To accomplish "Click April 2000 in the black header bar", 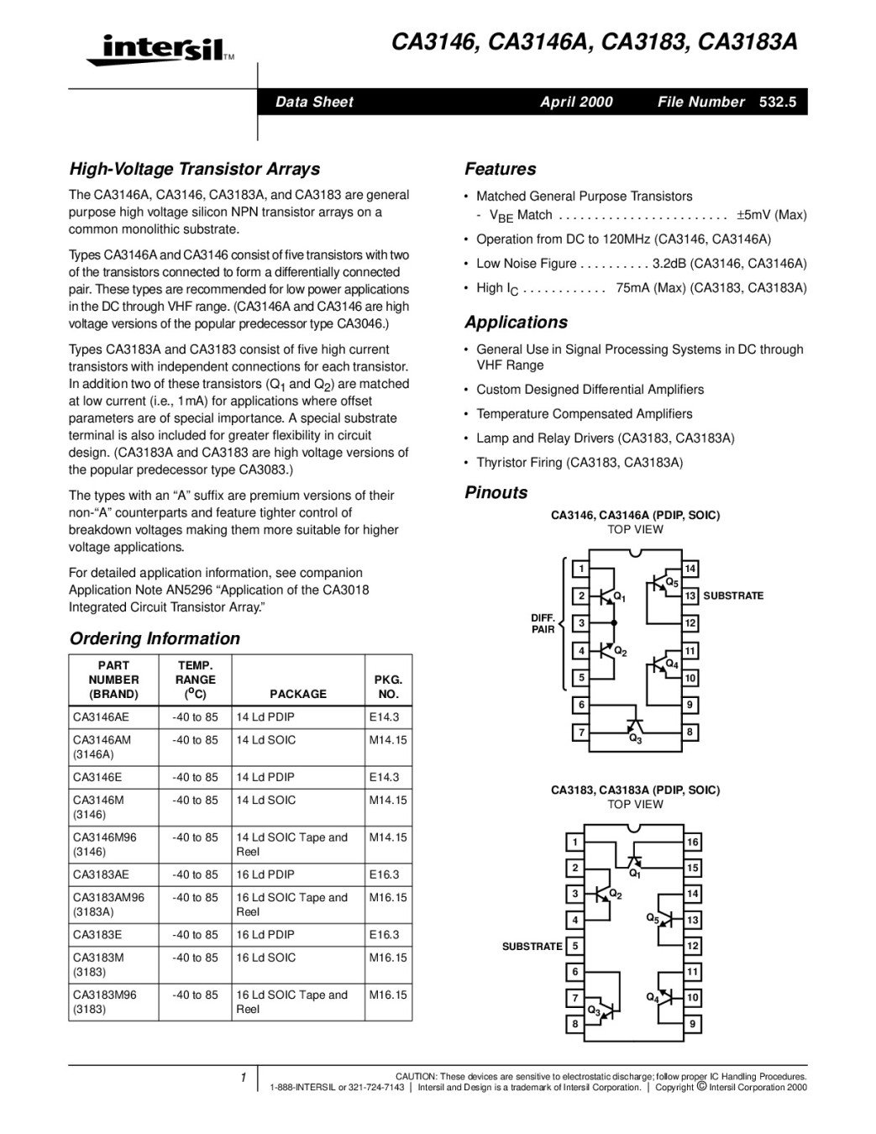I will (576, 102).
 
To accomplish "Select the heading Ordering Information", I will (155, 638).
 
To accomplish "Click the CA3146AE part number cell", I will (102, 717).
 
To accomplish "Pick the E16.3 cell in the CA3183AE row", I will (385, 874).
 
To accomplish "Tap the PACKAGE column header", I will (298, 694).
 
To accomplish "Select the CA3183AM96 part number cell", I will (109, 897).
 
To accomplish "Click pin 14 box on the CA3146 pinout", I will (690, 569).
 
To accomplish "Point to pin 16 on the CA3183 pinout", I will (693, 842).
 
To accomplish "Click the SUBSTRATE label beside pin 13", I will (733, 596).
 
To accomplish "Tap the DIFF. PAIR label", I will (543, 623).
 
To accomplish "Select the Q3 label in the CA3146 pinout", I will (636, 739).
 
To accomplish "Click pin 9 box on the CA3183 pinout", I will (693, 1024).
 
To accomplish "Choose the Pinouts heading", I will (496, 493).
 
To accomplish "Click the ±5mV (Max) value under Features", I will (771, 215).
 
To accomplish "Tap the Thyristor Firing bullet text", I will (580, 463).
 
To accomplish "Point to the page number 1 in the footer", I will (243, 1078).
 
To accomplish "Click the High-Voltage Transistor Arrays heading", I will (194, 169).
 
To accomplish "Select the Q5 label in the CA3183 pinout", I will (653, 917).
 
